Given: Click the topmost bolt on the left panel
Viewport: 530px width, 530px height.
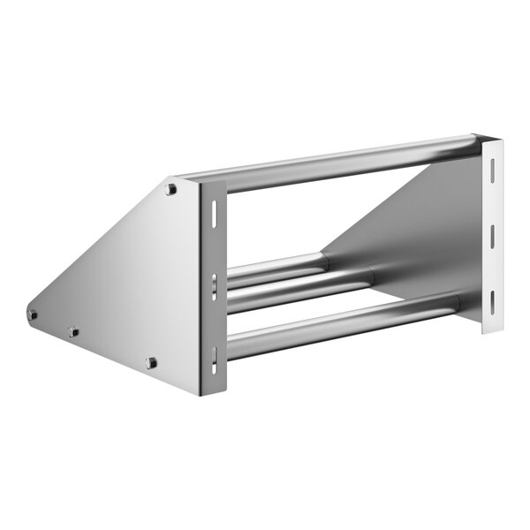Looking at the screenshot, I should (170, 189).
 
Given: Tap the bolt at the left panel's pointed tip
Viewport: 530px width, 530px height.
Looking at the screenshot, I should (33, 314).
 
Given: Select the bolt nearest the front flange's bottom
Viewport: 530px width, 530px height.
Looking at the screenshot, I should (151, 362).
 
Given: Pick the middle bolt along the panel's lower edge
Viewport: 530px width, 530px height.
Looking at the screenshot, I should (73, 332).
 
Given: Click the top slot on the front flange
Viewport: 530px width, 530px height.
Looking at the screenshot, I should (213, 213).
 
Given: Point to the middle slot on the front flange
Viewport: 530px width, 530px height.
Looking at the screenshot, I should (213, 285).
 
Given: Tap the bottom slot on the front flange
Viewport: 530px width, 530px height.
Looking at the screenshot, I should (213, 357).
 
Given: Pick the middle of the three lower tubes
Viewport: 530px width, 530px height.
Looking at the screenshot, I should (300, 288).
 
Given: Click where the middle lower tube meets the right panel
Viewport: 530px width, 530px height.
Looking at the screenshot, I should (370, 276).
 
